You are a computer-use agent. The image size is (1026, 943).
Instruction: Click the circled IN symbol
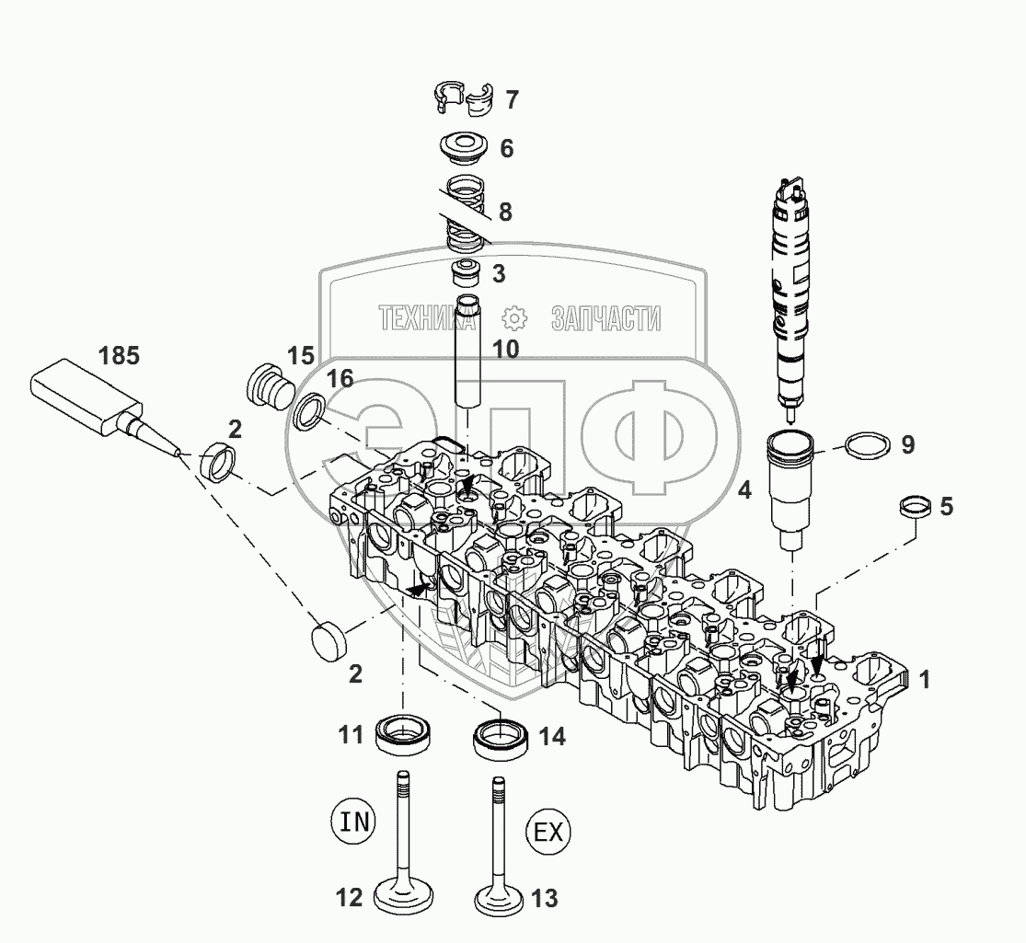click(353, 821)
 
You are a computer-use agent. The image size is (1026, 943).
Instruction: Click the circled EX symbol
click(548, 834)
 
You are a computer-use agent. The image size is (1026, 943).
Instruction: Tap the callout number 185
click(119, 356)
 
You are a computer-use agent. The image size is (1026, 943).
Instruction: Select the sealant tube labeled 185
click(92, 405)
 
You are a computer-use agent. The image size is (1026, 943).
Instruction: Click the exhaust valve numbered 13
click(497, 856)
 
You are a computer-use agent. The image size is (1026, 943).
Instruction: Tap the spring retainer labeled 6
click(464, 149)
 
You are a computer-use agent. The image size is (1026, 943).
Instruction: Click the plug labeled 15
click(269, 384)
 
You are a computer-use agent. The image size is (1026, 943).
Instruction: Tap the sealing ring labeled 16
click(310, 409)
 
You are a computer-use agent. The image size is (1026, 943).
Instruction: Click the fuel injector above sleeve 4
click(791, 294)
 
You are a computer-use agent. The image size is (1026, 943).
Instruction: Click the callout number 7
click(512, 100)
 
